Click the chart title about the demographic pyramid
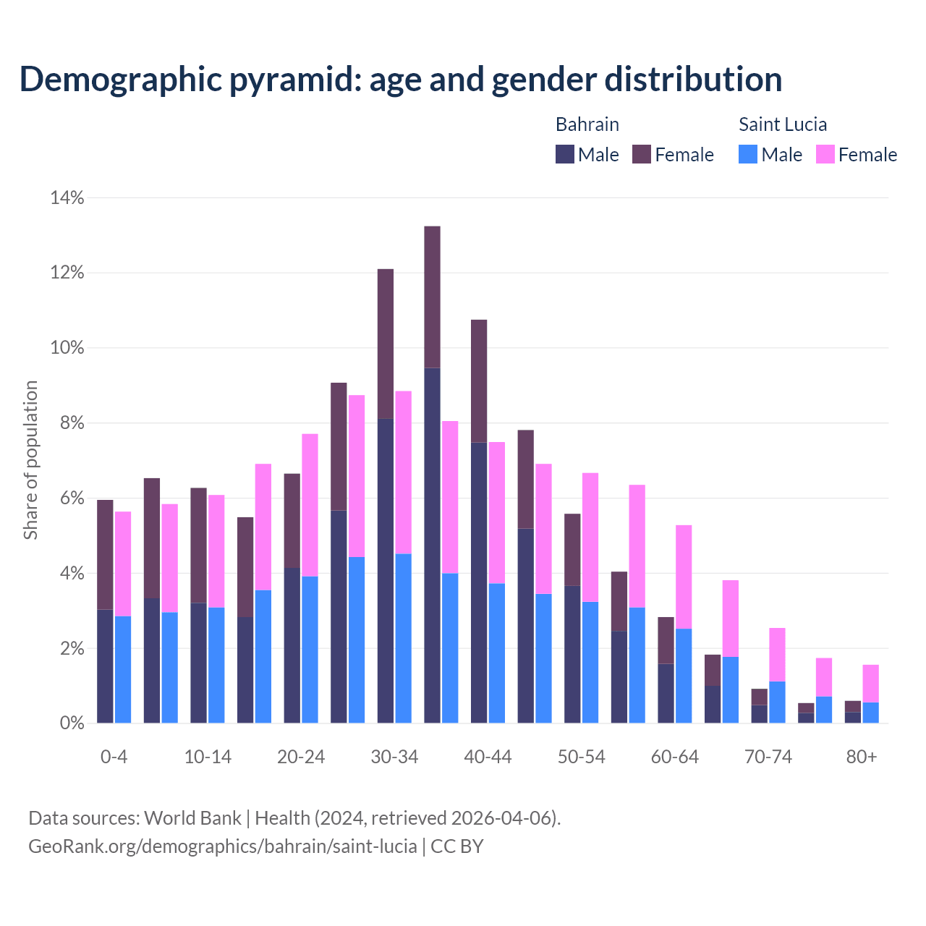coord(401,80)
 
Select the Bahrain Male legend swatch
coord(564,154)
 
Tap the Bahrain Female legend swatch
coord(641,154)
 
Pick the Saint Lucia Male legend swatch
coord(748,154)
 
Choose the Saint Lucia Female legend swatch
coord(825,154)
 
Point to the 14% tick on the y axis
coord(67,197)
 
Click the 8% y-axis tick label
coord(72,423)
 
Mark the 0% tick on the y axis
coord(72,723)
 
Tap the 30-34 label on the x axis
coord(394,757)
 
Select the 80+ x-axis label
coord(862,757)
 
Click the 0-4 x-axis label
coord(114,757)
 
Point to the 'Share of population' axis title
coord(30,460)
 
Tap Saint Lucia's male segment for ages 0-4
coord(123,669)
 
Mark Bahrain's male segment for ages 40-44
coord(479,582)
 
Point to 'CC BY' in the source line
coord(457,846)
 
